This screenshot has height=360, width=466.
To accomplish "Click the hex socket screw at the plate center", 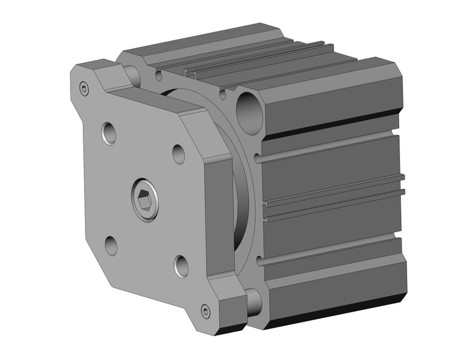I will coord(145,199).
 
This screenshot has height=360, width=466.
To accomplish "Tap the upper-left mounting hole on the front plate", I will coord(109,133).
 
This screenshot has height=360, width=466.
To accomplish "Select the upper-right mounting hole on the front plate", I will coord(178,153).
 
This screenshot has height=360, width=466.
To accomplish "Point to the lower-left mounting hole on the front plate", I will coord(111,246).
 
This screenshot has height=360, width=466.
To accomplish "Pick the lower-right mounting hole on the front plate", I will coord(182,266).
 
